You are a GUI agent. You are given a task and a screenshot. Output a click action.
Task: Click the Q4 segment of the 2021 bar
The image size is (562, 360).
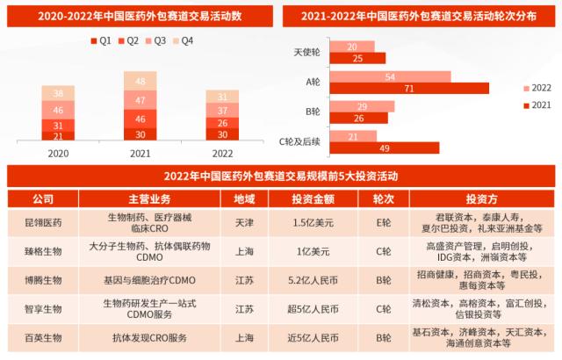coord(140,82)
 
